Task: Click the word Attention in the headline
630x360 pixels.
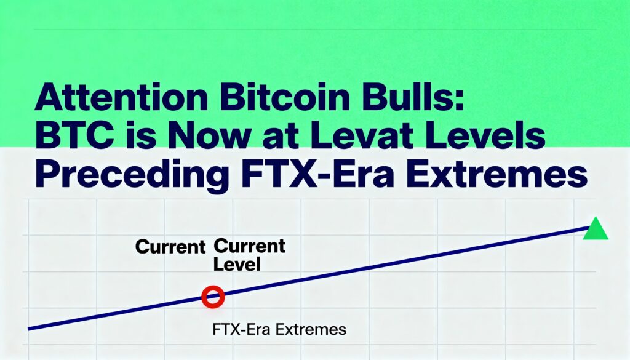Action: [x=121, y=97]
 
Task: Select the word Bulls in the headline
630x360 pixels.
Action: [x=407, y=97]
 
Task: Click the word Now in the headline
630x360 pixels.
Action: [x=206, y=136]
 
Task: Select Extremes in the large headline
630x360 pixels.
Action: [x=497, y=174]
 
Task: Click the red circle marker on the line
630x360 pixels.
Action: [x=213, y=297]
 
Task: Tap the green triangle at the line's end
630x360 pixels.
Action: [x=596, y=228]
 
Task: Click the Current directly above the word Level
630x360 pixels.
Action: [x=250, y=246]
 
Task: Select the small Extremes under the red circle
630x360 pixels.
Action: [x=311, y=330]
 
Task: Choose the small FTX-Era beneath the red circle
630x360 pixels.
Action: [x=242, y=330]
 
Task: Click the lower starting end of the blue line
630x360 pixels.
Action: [x=28, y=329]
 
